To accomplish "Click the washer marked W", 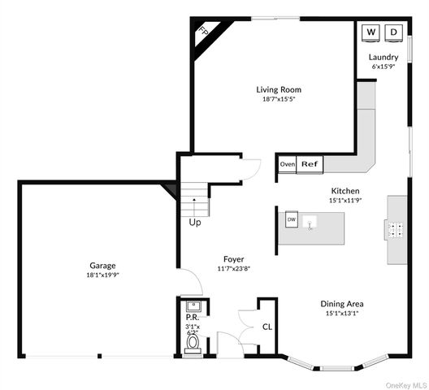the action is pos(370,32).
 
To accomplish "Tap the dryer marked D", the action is pos(393,32).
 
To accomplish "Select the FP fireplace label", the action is pos(204,31).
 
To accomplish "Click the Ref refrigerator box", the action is pos(310,164).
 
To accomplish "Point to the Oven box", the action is pos(288,164).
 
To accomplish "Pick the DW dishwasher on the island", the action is pos(292,219).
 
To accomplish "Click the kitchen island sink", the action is pos(310,223).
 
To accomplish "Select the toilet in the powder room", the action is pos(193,344).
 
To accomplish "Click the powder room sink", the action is pos(193,305).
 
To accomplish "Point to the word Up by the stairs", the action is pos(195,223).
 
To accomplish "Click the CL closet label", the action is pos(267,327).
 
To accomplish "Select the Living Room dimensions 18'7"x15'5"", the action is pos(279,99).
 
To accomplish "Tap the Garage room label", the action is pos(102,266).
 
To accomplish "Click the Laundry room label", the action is pos(383,58).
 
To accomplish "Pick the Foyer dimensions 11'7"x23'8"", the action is pos(234,269).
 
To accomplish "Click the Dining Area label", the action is pos(342,304).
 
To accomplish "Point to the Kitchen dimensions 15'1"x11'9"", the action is pos(345,201).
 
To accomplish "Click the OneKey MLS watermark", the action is pos(406,385).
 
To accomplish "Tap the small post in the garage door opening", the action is pos(100,356).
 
